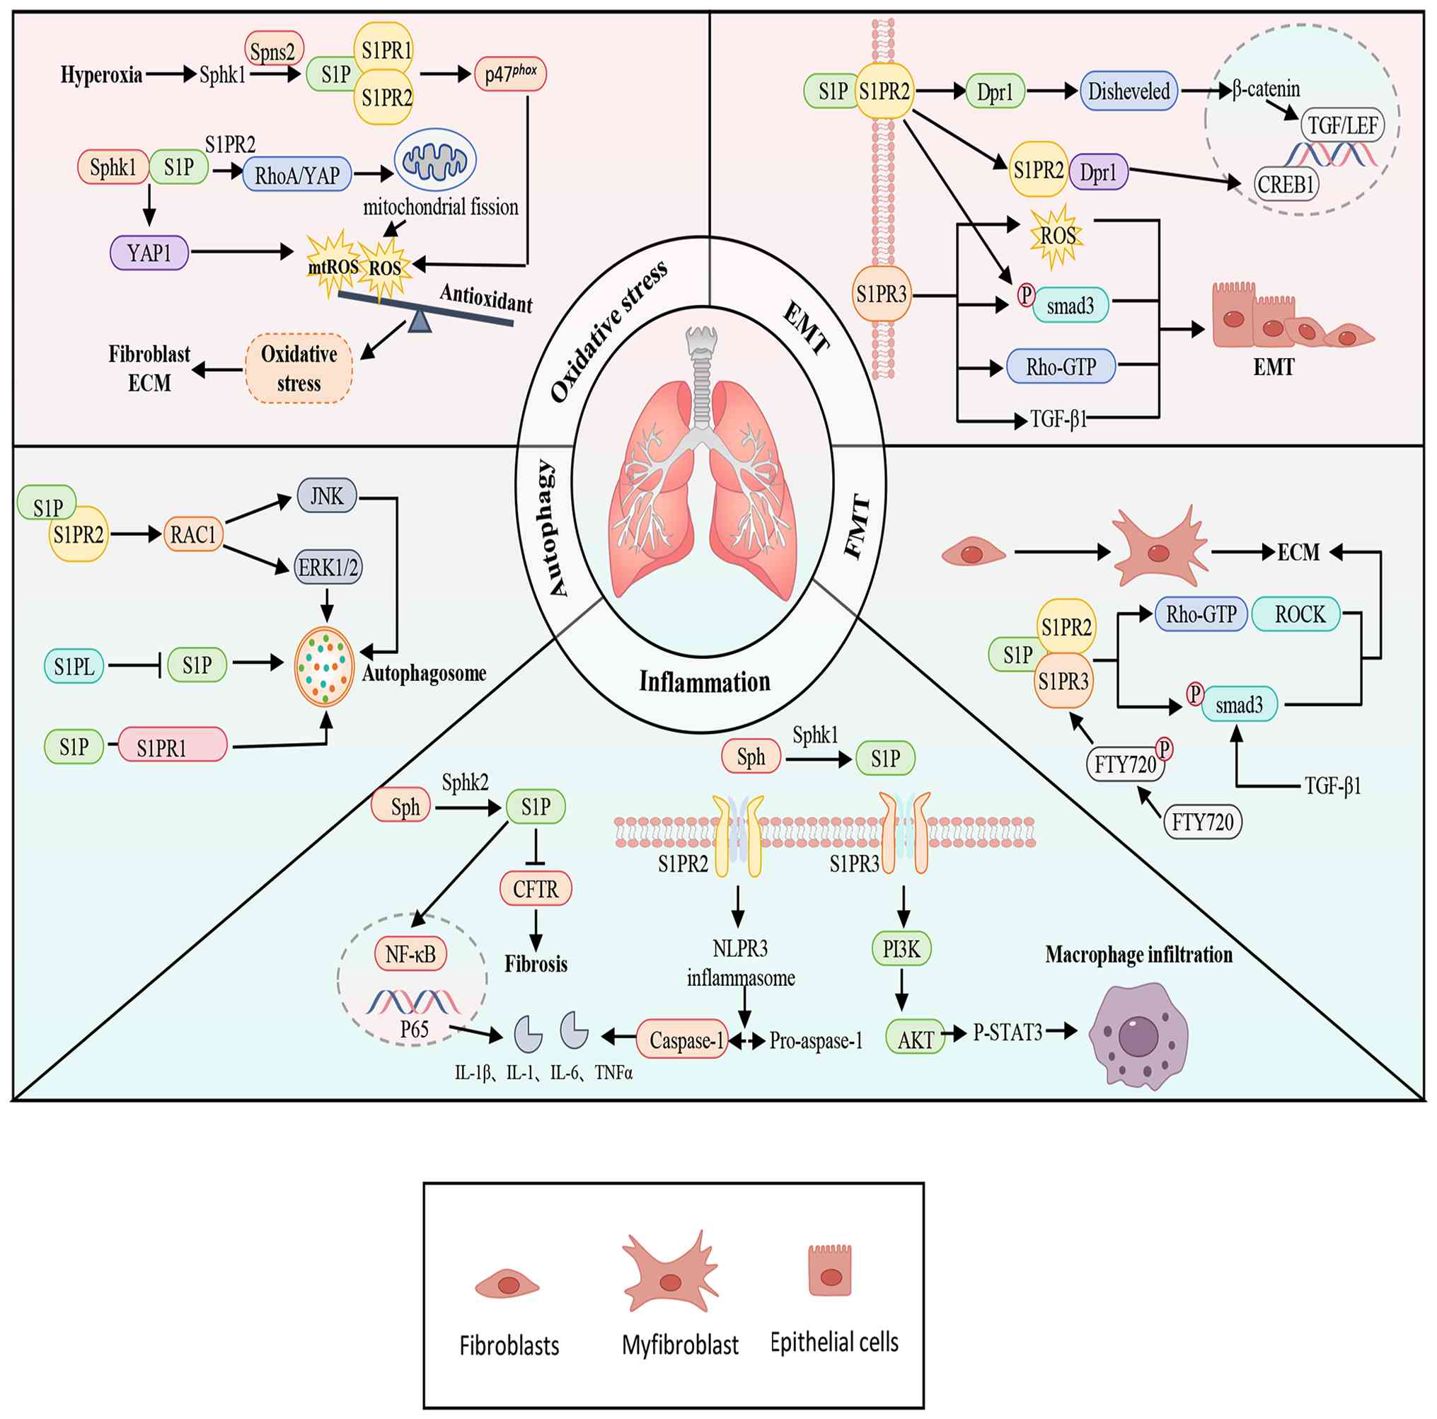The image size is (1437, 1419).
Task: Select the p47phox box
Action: pos(510,74)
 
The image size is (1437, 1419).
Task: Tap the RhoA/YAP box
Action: pos(296,175)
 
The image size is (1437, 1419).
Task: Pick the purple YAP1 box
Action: pos(149,253)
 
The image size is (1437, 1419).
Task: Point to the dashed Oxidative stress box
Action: pos(299,368)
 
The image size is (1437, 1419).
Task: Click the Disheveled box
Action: pos(1129,91)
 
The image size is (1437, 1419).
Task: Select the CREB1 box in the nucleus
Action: pos(1286,184)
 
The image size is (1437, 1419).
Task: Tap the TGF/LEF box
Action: pos(1342,125)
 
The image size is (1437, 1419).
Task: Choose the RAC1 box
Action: pos(192,534)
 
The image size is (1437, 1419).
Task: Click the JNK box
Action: pos(326,495)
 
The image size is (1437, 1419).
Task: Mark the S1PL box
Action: pos(74,666)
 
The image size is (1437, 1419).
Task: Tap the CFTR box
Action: pos(535,888)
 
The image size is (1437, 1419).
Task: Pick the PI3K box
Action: pos(901,949)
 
